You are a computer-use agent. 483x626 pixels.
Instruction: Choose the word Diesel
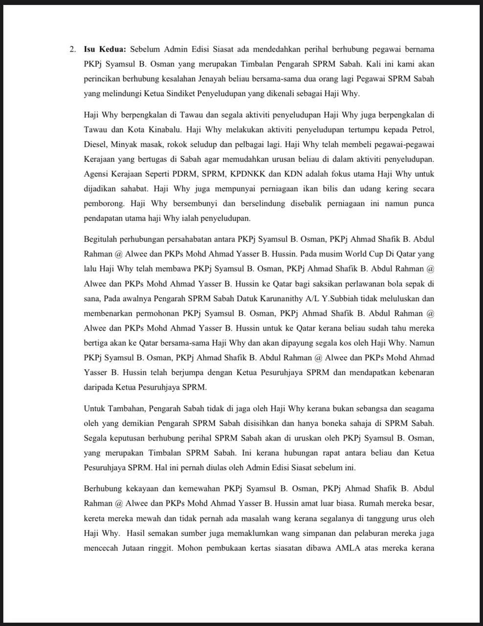point(95,144)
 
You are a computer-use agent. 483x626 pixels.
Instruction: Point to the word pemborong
point(102,203)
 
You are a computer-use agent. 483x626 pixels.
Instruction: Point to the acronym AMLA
point(348,548)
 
